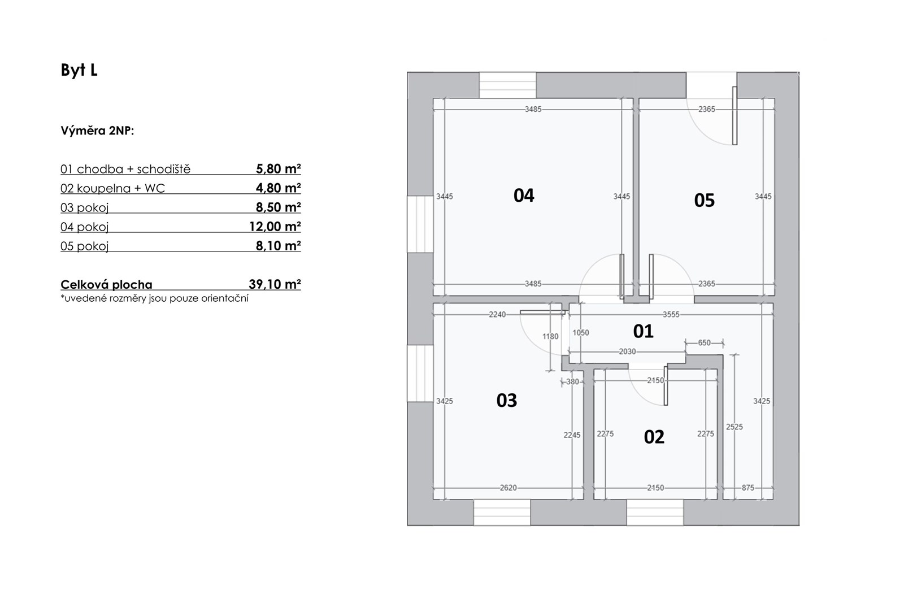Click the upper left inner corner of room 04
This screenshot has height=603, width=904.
coord(433,98)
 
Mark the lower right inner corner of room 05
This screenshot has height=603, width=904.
coord(774,296)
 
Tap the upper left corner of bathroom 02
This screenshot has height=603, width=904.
coord(594,369)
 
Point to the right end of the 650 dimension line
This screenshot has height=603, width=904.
coord(723,343)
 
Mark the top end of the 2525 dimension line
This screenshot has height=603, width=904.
coord(734,354)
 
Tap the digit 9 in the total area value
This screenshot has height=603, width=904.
coord(259,284)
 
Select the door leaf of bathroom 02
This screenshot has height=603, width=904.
coord(666,386)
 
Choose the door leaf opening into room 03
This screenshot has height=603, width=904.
coord(542,312)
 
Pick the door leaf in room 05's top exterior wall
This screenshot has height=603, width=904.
coord(734,115)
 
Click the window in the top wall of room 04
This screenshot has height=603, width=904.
coord(508,85)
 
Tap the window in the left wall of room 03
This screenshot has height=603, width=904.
coord(420,374)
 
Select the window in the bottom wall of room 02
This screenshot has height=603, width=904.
coord(655,512)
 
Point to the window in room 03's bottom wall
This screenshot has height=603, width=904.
coord(502,512)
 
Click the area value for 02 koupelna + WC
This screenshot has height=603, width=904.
coord(279,188)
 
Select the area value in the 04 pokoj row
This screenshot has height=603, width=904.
coord(275,227)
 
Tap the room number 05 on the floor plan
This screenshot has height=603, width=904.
coord(704,200)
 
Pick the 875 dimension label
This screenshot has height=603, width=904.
coord(748,488)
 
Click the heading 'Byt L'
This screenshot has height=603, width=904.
coord(79,70)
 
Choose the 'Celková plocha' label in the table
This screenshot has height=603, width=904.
coord(107,285)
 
